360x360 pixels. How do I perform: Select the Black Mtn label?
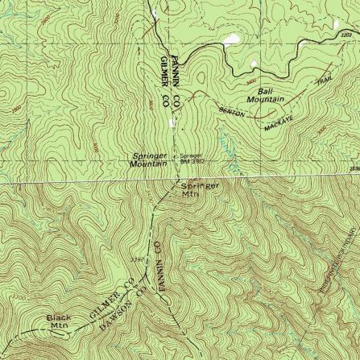[x=60, y=322]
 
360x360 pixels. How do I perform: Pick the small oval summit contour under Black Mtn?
[x=58, y=336]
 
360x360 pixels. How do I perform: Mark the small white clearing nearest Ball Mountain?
[x=254, y=64]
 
